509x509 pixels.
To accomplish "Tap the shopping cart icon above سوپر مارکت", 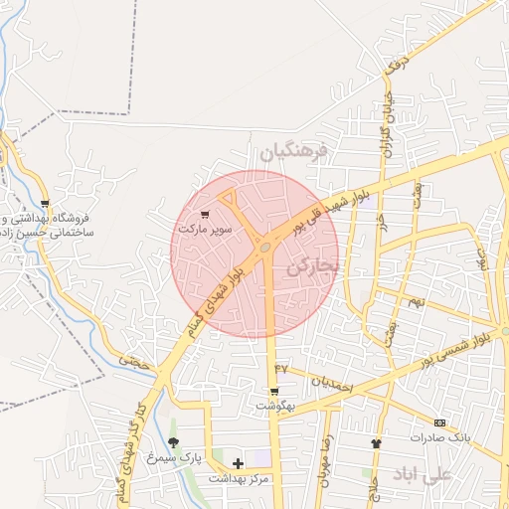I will coord(205,214).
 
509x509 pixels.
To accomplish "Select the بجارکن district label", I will coord(314,267).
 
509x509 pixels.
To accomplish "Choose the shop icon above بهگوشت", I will coord(274,392).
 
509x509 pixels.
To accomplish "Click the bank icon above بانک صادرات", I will coord(440,422).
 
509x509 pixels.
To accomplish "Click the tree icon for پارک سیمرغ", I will coord(174,442).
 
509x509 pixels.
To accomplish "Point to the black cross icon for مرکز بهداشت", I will coord(238,463).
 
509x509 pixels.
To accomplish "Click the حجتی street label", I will coord(136,365).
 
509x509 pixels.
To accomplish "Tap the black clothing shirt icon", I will coord(376,443).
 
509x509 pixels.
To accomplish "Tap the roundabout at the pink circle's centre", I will coord(265,246).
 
